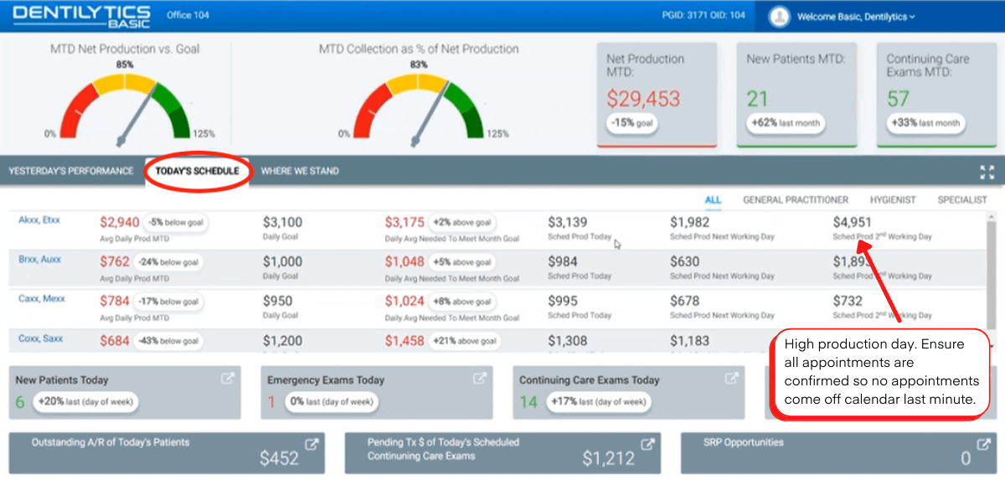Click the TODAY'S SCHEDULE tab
click(197, 171)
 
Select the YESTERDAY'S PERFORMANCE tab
click(71, 171)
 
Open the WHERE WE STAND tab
click(300, 171)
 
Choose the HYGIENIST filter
click(892, 200)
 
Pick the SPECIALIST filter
click(962, 200)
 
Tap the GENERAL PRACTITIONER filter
click(796, 200)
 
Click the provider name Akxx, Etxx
click(39, 220)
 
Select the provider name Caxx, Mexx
click(41, 299)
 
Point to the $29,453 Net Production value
click(643, 99)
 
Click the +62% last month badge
click(786, 123)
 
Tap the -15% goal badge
click(632, 123)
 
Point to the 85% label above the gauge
click(125, 65)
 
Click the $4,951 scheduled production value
click(852, 223)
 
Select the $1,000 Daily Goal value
click(282, 261)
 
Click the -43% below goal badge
click(173, 341)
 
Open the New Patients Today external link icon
click(227, 379)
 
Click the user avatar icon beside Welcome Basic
click(780, 16)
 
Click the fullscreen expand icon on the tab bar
click(987, 172)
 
